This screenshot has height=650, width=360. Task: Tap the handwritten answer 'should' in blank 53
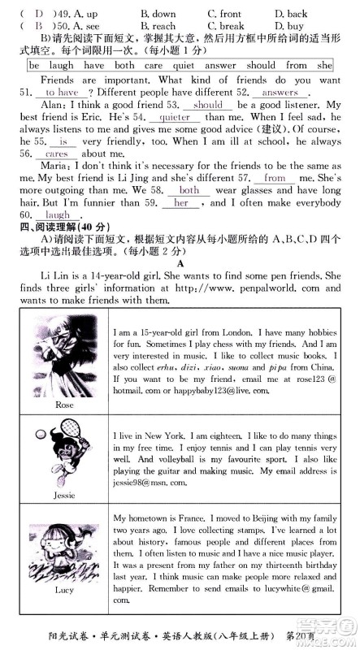coord(209,105)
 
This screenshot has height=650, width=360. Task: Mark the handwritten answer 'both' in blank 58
coord(188,189)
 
